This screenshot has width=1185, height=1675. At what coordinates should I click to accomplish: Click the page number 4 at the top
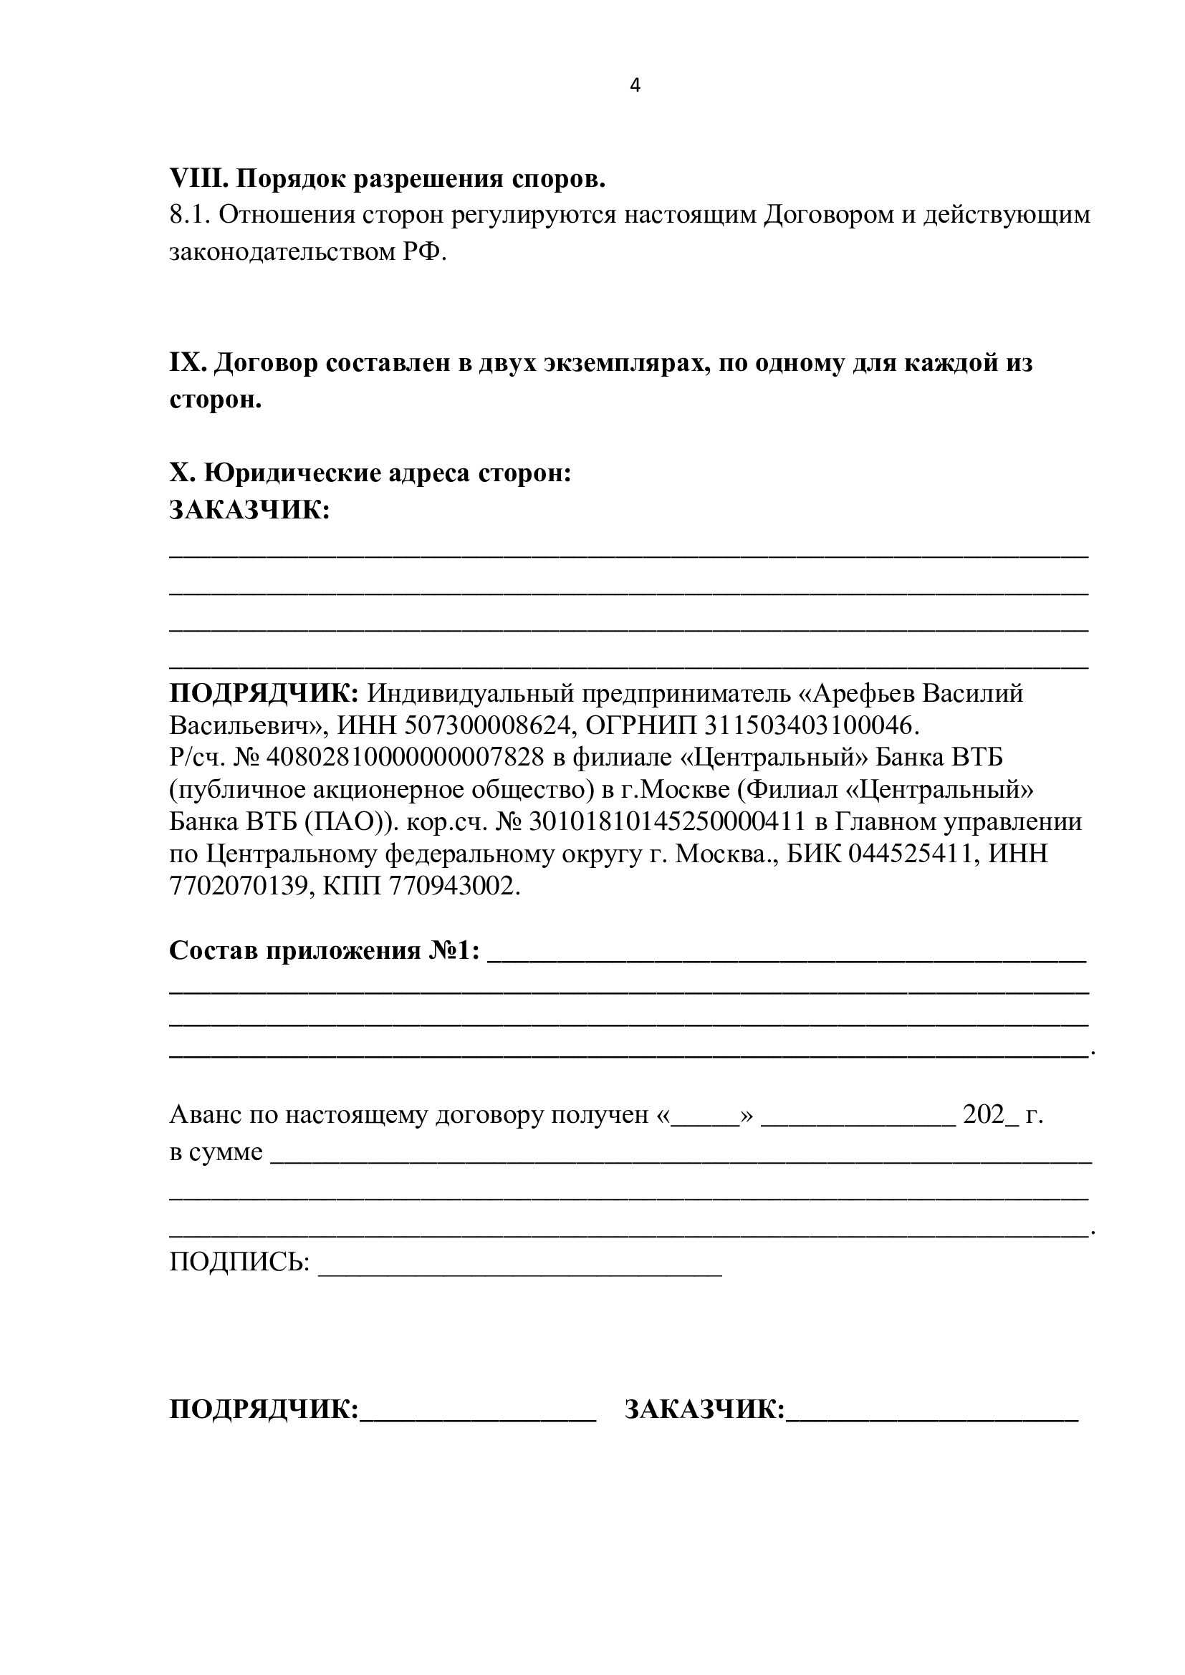[635, 86]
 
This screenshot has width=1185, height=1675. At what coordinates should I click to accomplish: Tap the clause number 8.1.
[189, 215]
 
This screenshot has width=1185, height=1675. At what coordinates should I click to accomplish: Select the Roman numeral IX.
[188, 362]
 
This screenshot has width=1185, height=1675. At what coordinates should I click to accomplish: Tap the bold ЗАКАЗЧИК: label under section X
[249, 509]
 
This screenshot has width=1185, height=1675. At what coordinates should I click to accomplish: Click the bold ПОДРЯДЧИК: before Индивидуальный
[264, 692]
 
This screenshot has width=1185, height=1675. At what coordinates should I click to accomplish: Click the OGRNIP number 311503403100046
[807, 725]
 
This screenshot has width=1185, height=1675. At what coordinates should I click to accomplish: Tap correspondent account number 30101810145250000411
[666, 821]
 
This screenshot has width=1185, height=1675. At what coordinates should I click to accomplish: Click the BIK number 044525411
[911, 854]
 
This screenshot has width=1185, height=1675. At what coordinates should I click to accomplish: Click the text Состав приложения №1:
[325, 950]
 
